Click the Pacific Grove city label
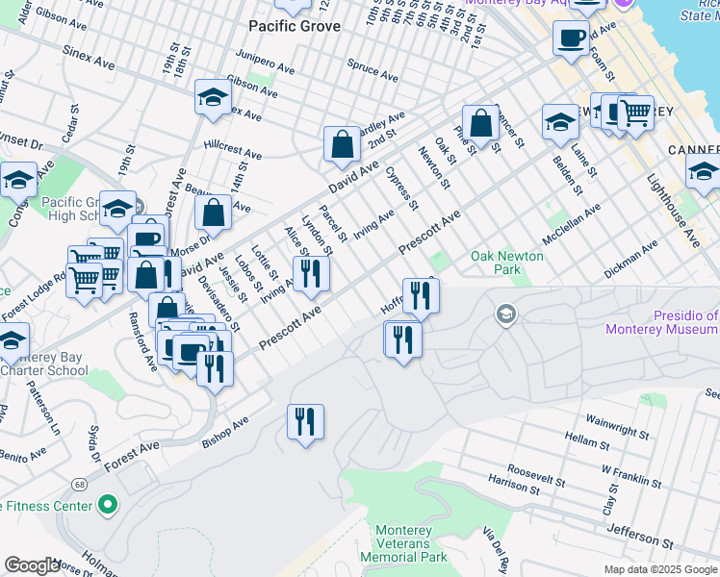[294, 26]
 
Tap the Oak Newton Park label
[506, 263]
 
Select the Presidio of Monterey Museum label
[661, 322]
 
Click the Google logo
[32, 565]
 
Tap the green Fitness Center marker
[107, 505]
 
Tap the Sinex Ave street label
[90, 58]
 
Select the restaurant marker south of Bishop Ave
[305, 422]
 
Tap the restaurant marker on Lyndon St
[311, 274]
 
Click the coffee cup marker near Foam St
[571, 39]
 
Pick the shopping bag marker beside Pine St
[480, 123]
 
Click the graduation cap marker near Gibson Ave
[213, 97]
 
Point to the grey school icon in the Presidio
[505, 314]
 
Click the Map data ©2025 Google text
[659, 569]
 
